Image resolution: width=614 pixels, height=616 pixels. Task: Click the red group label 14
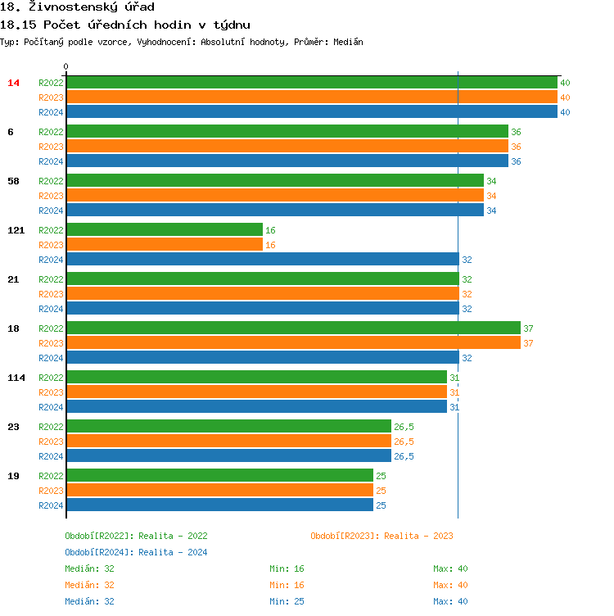(13, 83)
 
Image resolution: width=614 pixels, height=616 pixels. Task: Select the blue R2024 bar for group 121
(262, 260)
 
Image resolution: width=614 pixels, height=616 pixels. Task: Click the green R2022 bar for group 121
(164, 230)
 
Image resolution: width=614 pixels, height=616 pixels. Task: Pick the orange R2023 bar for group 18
(293, 343)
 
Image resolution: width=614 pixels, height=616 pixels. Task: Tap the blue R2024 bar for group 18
(262, 358)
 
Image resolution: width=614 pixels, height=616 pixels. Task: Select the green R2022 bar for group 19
(219, 476)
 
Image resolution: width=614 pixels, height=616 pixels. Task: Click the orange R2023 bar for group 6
(287, 147)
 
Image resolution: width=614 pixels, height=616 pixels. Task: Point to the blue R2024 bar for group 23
(228, 456)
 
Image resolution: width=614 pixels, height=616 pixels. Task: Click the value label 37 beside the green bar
(528, 328)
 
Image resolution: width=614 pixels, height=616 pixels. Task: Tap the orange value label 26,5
(404, 442)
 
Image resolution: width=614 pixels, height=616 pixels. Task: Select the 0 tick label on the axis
(66, 66)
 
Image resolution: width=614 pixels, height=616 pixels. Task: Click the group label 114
(16, 378)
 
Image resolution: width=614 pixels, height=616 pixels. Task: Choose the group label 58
(13, 181)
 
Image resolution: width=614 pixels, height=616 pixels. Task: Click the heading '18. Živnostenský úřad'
(78, 7)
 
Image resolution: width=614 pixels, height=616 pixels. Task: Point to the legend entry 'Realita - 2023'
(381, 536)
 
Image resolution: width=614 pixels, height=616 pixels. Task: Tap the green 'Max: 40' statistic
(450, 568)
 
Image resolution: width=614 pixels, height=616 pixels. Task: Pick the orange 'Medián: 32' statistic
(89, 585)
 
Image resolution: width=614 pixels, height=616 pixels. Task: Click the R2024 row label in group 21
(51, 309)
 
